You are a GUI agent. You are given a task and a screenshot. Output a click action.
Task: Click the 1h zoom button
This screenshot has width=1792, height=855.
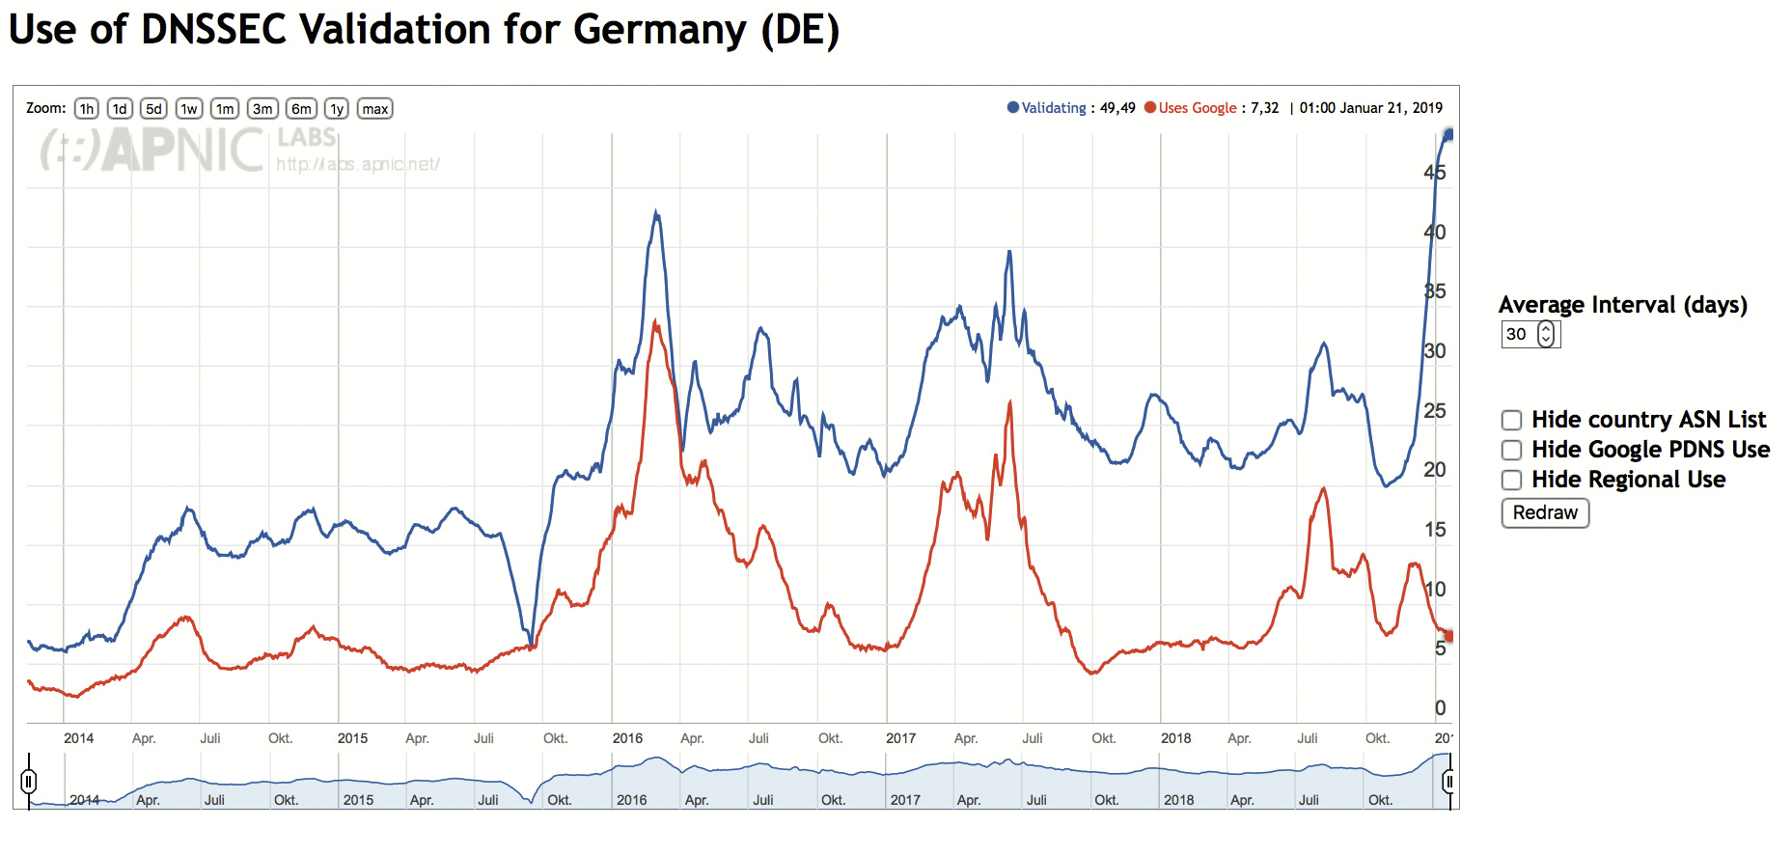point(87,109)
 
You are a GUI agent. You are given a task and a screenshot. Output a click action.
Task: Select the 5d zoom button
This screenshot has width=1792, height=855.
point(153,109)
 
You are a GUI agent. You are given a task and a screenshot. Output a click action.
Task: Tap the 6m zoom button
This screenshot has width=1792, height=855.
point(301,109)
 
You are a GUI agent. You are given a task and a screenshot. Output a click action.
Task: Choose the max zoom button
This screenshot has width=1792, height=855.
point(375,109)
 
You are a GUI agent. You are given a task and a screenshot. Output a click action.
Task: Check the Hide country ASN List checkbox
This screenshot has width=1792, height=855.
point(1511,420)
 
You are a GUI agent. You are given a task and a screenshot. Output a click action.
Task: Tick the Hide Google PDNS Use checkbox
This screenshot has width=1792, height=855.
point(1511,450)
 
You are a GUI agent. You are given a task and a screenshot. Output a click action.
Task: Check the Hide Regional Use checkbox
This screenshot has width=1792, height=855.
point(1511,480)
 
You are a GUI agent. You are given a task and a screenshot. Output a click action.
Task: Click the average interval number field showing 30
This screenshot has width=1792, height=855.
point(1519,335)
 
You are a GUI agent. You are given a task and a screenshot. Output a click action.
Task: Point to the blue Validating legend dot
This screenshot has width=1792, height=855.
point(1013,108)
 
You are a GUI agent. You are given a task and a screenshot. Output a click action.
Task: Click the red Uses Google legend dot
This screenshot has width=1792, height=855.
point(1150,108)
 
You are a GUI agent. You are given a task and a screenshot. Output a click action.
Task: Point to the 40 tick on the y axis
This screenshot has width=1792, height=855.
point(1435,233)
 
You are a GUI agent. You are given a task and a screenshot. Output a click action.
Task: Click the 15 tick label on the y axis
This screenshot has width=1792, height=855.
point(1435,530)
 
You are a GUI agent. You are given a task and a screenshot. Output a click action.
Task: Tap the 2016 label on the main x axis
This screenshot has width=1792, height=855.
point(627,738)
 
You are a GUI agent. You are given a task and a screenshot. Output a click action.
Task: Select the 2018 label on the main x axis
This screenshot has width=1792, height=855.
point(1175,738)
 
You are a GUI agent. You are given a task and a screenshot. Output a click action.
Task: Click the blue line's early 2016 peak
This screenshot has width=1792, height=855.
point(657,212)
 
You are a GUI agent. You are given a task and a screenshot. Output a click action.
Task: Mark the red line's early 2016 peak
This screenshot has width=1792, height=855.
point(656,322)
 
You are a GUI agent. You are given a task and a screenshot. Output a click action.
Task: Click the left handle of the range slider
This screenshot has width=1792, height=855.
point(29,781)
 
